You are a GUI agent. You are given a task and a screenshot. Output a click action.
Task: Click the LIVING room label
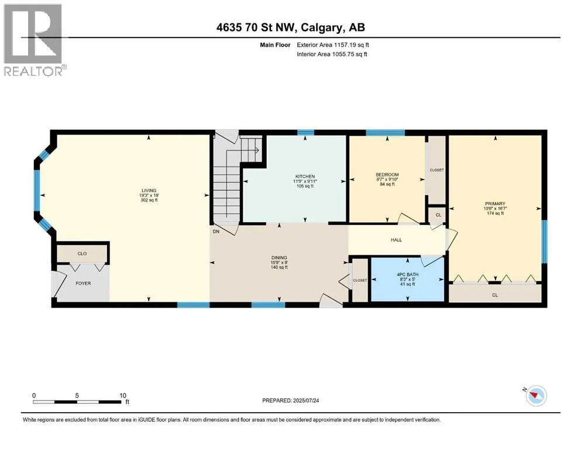pyautogui.click(x=149, y=191)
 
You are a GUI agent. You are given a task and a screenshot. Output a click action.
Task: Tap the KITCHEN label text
pyautogui.click(x=305, y=177)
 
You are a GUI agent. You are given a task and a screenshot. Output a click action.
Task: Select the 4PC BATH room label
pyautogui.click(x=408, y=275)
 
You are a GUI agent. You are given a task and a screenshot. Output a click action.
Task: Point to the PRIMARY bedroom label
pyautogui.click(x=495, y=203)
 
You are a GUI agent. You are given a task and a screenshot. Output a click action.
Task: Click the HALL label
pyautogui.click(x=396, y=240)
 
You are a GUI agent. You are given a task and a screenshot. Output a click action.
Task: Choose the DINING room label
pyautogui.click(x=279, y=258)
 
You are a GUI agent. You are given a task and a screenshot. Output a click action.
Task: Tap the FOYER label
pyautogui.click(x=83, y=283)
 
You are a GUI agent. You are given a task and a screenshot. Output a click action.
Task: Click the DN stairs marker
pyautogui.click(x=216, y=232)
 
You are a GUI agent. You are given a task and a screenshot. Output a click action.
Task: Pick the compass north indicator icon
pyautogui.click(x=536, y=395)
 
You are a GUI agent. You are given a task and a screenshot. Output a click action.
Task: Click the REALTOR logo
pyautogui.click(x=33, y=40)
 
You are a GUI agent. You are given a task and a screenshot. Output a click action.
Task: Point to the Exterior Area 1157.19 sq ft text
pyautogui.click(x=333, y=45)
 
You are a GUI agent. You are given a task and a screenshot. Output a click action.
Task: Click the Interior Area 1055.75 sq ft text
pyautogui.click(x=332, y=54)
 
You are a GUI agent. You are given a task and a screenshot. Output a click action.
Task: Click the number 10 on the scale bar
pyautogui.click(x=123, y=395)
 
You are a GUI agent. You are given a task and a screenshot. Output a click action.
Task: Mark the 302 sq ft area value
pyautogui.click(x=149, y=201)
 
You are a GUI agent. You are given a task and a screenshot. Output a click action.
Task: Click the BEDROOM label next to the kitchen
pyautogui.click(x=387, y=175)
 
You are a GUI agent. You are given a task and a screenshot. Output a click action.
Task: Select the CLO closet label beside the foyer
pyautogui.click(x=82, y=254)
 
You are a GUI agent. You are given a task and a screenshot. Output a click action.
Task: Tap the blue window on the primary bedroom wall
pyautogui.click(x=544, y=241)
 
